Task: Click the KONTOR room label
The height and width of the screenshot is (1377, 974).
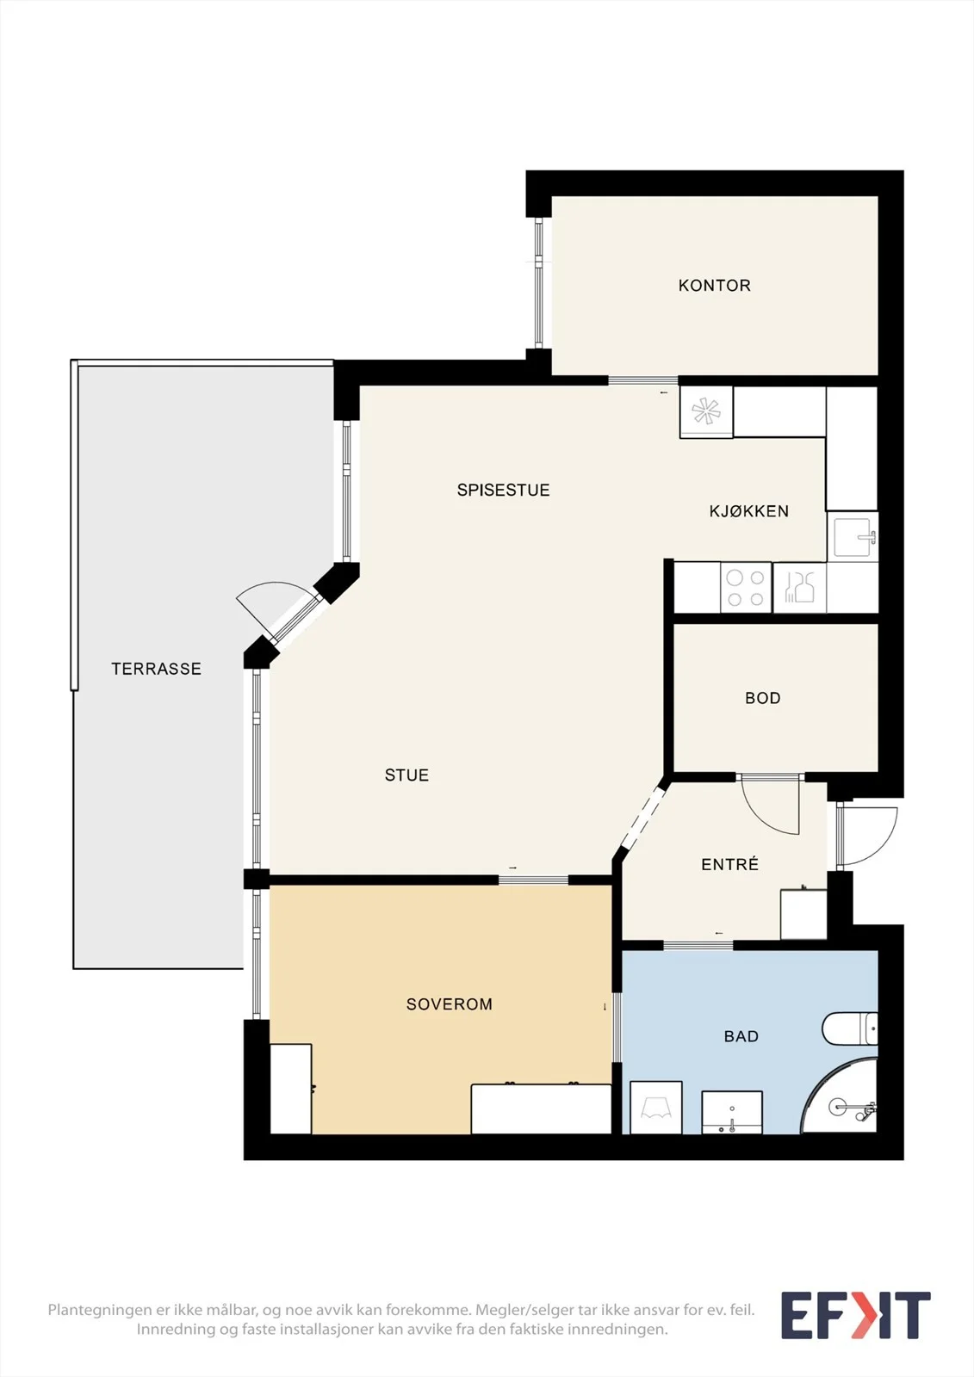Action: (x=714, y=285)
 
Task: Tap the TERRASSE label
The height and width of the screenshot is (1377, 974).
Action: (x=156, y=669)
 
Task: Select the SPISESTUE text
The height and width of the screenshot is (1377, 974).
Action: (x=503, y=490)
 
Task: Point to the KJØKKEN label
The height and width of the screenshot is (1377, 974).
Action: (x=749, y=511)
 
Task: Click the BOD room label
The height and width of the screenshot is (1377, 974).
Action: (x=763, y=698)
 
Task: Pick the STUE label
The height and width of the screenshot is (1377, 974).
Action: (x=406, y=775)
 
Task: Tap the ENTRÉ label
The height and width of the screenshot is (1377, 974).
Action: (x=729, y=864)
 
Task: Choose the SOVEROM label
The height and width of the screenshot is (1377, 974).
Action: (x=450, y=1003)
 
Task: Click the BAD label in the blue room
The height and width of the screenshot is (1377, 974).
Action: (x=741, y=1036)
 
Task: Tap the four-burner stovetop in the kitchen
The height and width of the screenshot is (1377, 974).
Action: (x=745, y=588)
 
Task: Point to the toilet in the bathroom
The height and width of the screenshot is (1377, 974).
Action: (x=850, y=1029)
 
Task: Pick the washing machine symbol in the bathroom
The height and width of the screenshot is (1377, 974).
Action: (x=656, y=1107)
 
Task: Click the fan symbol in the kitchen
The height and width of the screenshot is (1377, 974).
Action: (x=705, y=411)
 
